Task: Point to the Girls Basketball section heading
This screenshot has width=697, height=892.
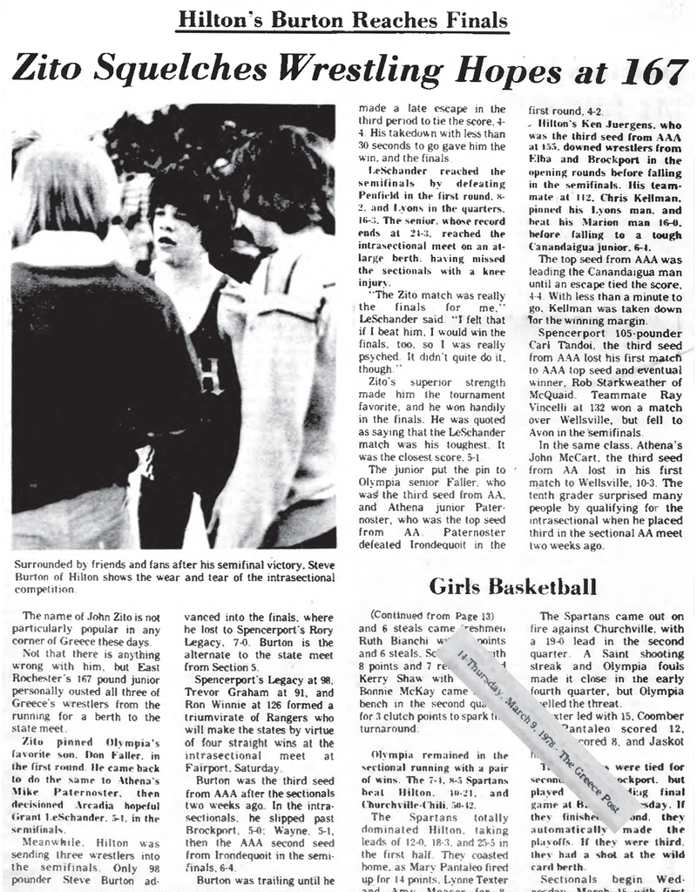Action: [x=513, y=586]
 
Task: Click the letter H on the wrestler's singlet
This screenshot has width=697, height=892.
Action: [x=207, y=377]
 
